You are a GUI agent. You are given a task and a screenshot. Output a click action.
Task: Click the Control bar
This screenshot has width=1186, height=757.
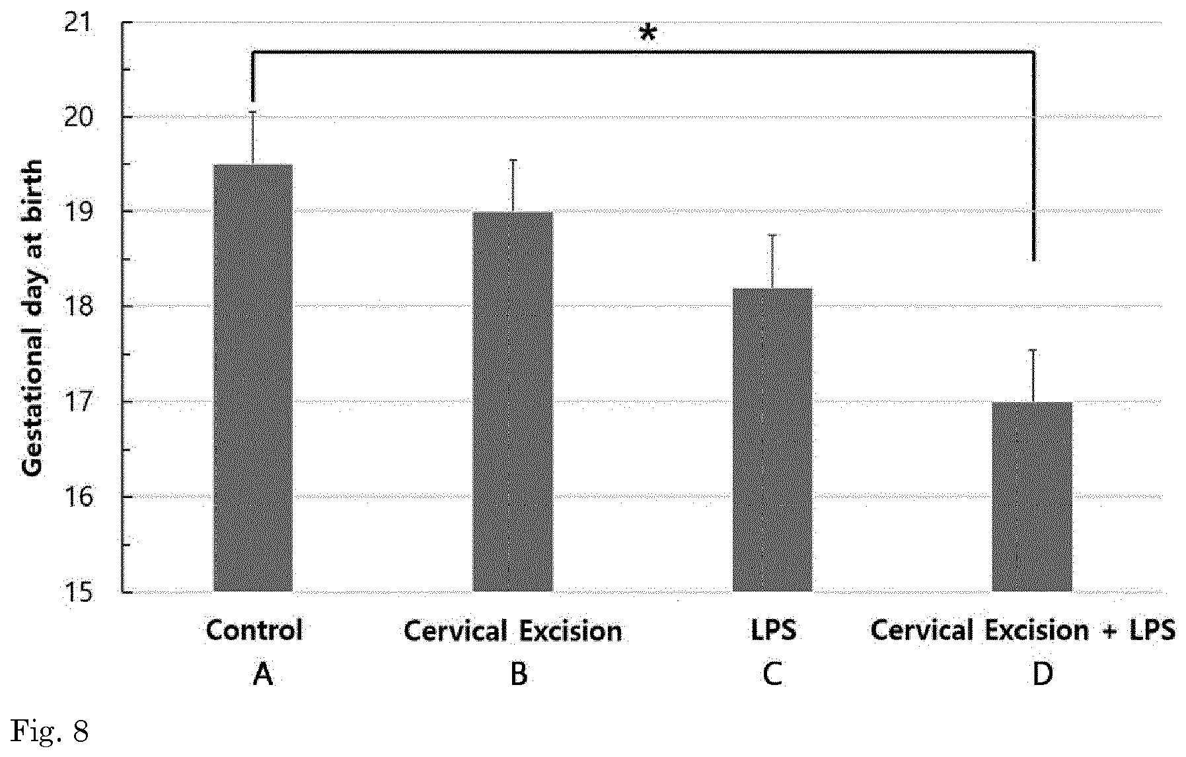253,378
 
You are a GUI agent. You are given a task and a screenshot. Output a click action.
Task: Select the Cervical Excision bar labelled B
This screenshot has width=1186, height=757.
513,402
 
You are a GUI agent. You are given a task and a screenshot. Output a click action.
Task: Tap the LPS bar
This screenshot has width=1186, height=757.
772,440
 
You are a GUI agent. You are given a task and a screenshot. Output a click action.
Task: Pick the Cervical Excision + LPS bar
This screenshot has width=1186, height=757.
1032,497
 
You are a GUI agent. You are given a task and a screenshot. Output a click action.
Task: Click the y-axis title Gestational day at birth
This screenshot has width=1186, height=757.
32,317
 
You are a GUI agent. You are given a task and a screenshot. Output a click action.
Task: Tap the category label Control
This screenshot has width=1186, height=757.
254,630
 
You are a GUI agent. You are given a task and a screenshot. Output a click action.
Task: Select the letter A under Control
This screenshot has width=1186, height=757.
263,674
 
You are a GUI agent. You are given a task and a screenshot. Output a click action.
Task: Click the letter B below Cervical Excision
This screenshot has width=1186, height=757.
519,674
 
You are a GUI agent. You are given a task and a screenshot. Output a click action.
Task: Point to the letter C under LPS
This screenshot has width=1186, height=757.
772,674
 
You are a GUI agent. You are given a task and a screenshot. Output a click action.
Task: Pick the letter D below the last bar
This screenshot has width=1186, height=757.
1043,674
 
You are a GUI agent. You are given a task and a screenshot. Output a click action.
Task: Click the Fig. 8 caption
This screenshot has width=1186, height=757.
50,733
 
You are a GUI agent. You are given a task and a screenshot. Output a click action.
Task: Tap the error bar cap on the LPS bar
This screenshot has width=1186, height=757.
772,234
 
